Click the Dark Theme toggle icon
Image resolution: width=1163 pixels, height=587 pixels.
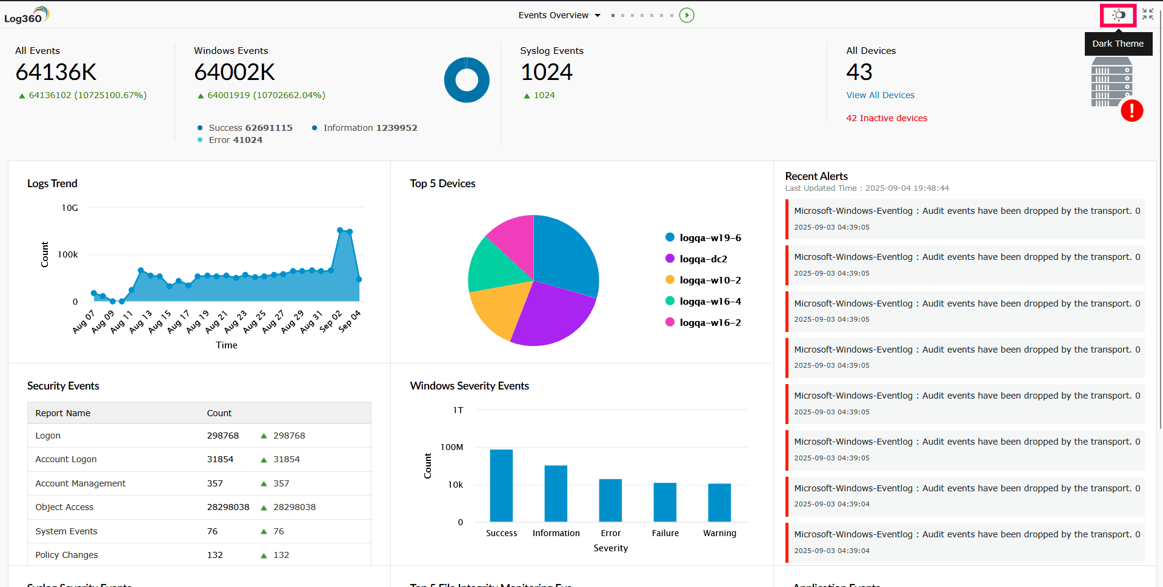click(1118, 15)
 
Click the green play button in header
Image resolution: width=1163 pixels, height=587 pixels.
click(687, 15)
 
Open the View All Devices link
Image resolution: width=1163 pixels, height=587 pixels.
click(880, 95)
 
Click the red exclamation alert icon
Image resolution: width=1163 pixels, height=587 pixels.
click(1131, 111)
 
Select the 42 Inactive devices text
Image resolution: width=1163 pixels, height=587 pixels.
click(886, 118)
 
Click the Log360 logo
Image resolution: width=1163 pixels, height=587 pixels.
click(26, 15)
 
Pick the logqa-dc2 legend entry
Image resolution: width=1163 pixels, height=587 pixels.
click(703, 259)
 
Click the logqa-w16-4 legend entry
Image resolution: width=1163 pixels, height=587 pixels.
click(710, 301)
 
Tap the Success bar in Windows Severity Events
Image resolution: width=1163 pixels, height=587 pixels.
click(501, 485)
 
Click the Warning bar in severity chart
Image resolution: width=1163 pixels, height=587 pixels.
click(719, 502)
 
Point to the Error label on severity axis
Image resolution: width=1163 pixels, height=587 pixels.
click(610, 533)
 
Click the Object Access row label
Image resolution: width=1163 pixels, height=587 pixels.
click(64, 507)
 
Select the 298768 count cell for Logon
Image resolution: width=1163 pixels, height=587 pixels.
click(223, 436)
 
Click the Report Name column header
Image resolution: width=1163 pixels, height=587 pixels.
click(63, 413)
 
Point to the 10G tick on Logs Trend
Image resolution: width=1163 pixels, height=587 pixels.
click(70, 208)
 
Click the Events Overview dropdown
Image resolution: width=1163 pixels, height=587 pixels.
click(559, 15)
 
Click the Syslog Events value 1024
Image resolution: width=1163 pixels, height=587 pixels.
click(547, 72)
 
